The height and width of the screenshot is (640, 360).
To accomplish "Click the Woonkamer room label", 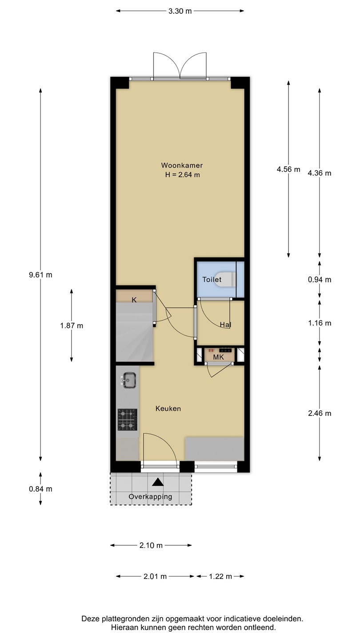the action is coord(182,165).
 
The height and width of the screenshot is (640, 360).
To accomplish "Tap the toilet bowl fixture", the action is coord(228,279).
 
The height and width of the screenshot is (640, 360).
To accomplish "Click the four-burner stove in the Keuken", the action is coord(128,420).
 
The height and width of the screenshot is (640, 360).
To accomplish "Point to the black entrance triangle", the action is coord(157,482).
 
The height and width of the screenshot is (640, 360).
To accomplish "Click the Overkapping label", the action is coord(150,496).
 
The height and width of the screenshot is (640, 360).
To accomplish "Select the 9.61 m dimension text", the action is coord(40,275).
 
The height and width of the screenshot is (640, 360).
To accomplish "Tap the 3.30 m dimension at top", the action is coord(180,11).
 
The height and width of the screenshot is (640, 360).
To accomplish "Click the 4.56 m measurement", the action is coord(288,169).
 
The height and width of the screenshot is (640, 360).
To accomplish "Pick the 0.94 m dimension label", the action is coord(320,280).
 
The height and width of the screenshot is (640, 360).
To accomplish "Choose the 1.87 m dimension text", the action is coord(72,326).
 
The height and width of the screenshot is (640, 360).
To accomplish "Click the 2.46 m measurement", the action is coord(320,413).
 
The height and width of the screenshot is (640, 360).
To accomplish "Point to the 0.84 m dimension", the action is coord(40,489).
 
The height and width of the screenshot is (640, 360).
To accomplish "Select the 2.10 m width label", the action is coord(151,545).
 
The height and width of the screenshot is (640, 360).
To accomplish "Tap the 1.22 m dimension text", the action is coord(220,576).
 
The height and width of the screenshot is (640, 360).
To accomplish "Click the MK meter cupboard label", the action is coord(219,357).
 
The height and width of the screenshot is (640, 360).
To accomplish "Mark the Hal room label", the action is coord(225,325).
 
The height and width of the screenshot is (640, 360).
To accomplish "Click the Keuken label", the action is coord(168,409).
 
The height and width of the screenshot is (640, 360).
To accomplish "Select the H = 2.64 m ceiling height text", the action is coord(182,175).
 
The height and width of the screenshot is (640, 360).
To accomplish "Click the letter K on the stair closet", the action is coord(134,300).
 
